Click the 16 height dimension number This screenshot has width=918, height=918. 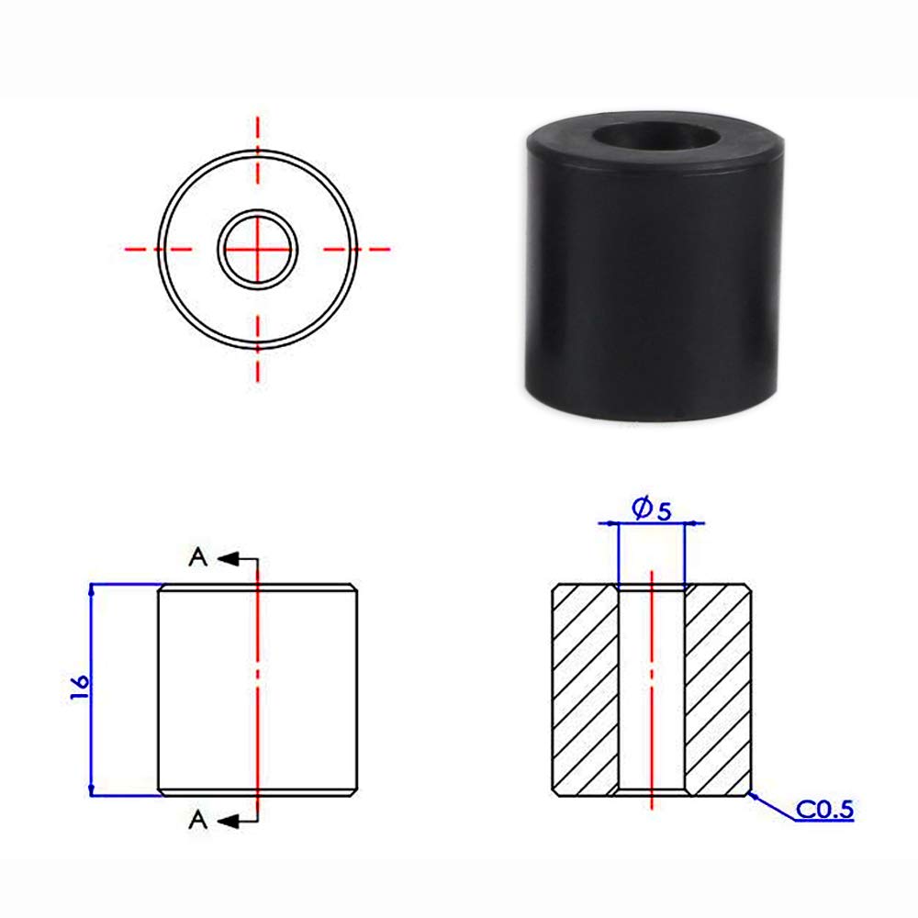79,688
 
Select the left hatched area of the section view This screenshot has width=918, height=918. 585,688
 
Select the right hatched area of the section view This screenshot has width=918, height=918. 719,688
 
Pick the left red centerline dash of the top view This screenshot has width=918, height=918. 143,248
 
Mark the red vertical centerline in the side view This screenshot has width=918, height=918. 259,643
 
